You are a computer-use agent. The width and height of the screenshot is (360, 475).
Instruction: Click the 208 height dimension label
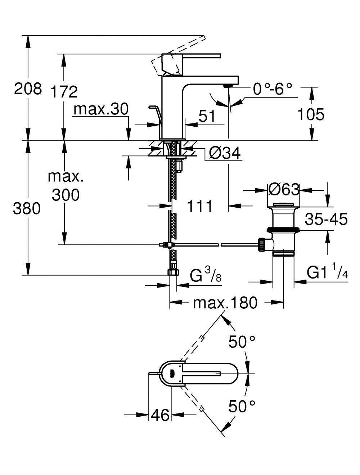(28, 89)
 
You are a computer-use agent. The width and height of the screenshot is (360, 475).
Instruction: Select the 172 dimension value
(64, 91)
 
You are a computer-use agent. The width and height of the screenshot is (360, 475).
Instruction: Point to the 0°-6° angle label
(273, 89)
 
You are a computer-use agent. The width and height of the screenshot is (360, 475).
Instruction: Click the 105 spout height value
(311, 114)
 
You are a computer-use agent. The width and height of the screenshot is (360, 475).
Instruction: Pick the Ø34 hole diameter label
(225, 153)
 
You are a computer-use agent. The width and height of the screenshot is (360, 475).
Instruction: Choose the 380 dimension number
(27, 208)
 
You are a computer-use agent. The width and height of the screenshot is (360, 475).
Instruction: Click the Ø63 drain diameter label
(284, 190)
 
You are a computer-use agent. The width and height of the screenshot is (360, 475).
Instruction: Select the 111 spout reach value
(199, 206)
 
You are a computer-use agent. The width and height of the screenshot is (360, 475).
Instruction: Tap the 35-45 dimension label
(326, 219)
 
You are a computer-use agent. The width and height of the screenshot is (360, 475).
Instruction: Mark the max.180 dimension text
(225, 303)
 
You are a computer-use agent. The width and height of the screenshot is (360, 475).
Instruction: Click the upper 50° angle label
(242, 342)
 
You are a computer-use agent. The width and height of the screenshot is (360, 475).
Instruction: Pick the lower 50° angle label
(242, 406)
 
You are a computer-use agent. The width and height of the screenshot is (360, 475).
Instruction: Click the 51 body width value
(207, 116)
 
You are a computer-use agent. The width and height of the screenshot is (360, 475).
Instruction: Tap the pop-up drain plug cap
(284, 205)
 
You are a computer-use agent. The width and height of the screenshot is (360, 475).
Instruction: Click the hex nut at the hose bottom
(174, 272)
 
